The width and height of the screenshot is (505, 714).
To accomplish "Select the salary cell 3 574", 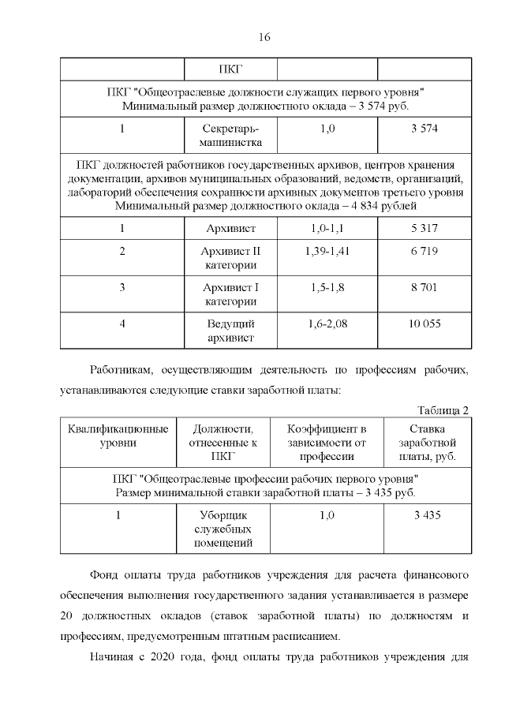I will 425,129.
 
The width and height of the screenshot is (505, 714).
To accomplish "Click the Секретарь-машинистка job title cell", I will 230,136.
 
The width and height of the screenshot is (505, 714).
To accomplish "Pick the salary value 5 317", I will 425,229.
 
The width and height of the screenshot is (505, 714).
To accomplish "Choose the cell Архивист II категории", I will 230,258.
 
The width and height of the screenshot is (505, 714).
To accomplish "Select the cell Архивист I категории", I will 230,294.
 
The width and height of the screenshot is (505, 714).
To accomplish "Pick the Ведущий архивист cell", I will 230,331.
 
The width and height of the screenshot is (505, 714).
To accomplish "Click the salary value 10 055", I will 425,323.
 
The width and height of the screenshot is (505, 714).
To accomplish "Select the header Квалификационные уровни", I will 118,436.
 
